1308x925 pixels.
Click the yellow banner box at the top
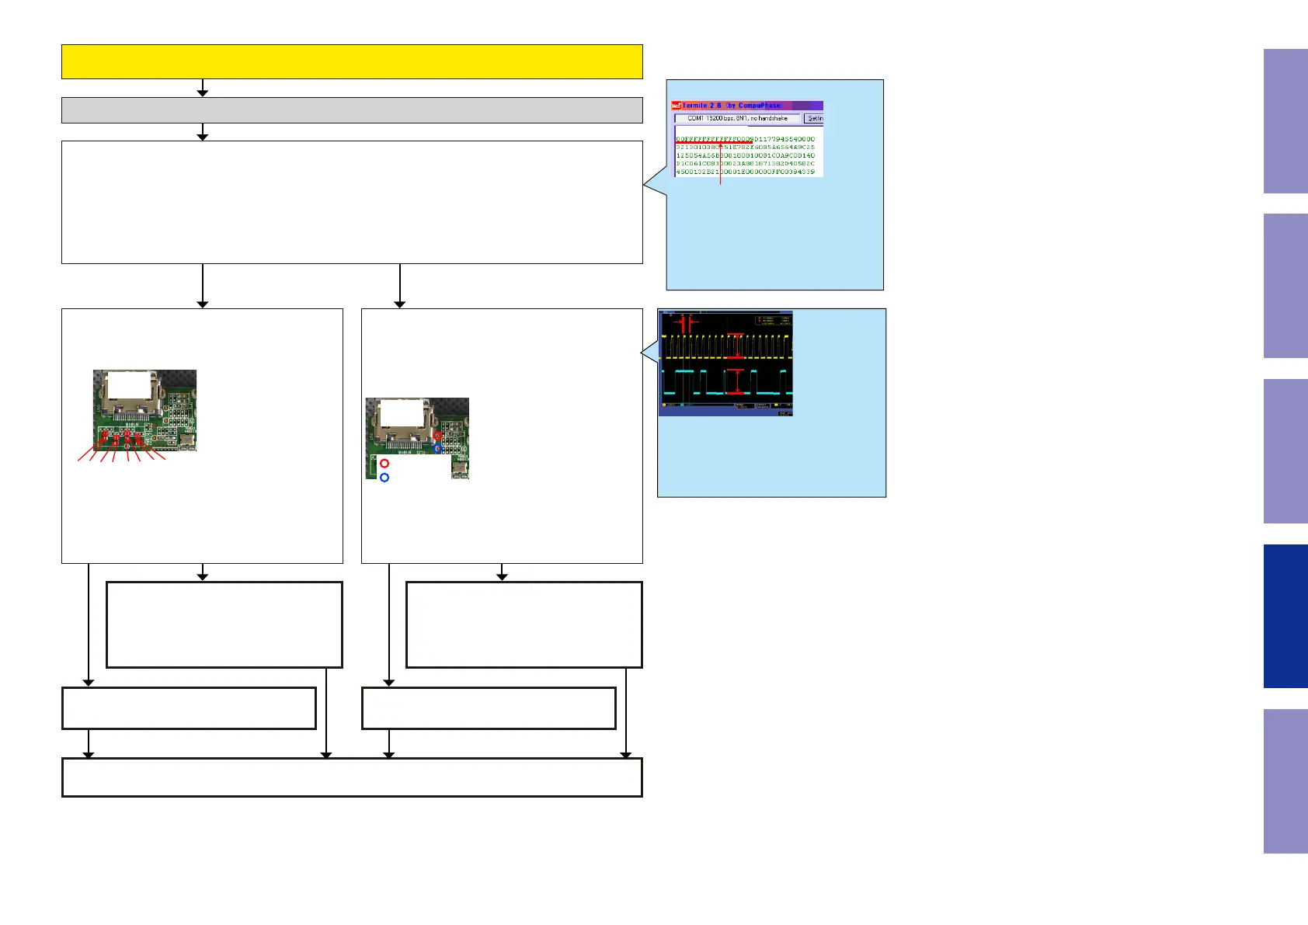(352, 61)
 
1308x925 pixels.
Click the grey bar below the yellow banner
(352, 110)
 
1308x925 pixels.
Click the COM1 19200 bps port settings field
(737, 119)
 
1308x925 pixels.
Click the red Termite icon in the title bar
(677, 106)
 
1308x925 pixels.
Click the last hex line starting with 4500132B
(745, 172)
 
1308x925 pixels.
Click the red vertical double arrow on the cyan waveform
(735, 381)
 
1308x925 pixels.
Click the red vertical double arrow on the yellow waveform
(738, 346)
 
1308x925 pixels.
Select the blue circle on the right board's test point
(438, 449)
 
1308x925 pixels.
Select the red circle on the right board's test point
(438, 436)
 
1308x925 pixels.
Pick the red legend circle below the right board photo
(384, 464)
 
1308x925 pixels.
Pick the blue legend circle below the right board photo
(384, 478)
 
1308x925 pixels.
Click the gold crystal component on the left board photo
(187, 441)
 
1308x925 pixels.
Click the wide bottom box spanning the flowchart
(352, 777)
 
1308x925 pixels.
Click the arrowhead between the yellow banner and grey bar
(203, 92)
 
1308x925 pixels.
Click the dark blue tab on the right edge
(1285, 616)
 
